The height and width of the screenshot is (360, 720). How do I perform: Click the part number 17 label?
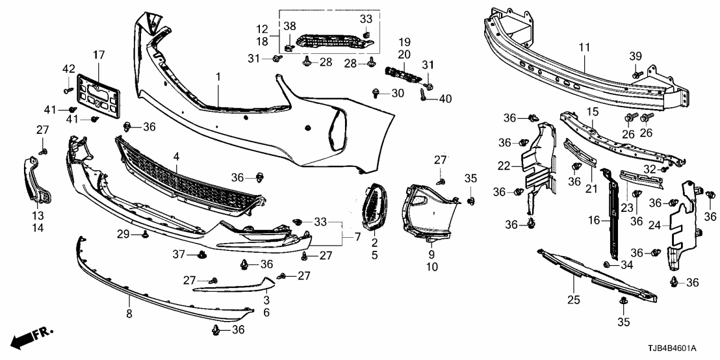(98, 55)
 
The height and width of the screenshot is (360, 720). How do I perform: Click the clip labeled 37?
(203, 254)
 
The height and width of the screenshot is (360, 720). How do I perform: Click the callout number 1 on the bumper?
(218, 77)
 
